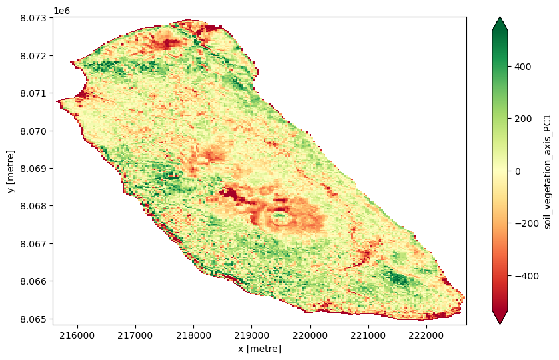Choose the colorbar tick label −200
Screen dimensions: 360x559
pyautogui.click(x=527, y=223)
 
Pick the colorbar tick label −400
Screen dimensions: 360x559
pyautogui.click(x=527, y=275)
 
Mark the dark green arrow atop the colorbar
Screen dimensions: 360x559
pyautogui.click(x=500, y=24)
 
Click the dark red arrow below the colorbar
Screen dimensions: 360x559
pyautogui.click(x=500, y=317)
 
